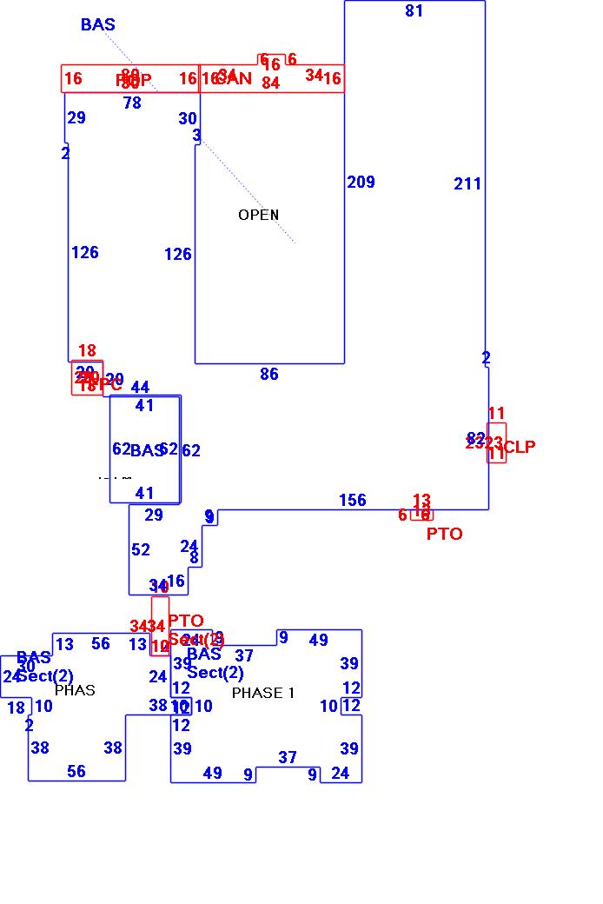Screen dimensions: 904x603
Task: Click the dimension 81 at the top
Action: pos(414,10)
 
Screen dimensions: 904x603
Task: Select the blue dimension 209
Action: pos(361,182)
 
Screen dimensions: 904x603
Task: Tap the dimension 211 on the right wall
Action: pos(467,183)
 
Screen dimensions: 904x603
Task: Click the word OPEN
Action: pos(258,215)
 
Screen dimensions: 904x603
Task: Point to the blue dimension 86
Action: pos(269,374)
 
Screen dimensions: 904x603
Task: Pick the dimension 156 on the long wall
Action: pos(353,500)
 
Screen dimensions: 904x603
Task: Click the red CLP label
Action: pos(520,447)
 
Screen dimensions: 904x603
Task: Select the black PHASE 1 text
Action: pos(263,693)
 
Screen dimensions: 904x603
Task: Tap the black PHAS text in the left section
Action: pos(75,690)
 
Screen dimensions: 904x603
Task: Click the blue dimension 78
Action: pos(132,103)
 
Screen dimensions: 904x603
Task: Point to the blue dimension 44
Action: pos(140,388)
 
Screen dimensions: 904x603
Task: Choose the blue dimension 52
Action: pos(141,549)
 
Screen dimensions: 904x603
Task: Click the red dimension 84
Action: pos(270,83)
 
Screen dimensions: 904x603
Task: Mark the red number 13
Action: pos(421,500)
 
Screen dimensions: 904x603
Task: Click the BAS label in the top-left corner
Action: pos(97,24)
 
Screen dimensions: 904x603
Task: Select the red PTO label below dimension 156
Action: pos(444,534)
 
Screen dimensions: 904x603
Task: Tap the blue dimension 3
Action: pos(196,136)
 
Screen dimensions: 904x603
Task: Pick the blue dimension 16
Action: pos(176,582)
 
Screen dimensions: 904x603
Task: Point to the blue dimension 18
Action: pos(16,708)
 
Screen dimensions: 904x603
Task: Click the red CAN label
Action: pos(235,79)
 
